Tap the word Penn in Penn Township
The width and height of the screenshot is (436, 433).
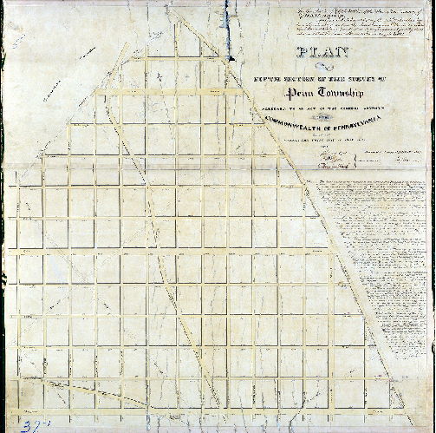[290, 92]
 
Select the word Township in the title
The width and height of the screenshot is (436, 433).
[339, 92]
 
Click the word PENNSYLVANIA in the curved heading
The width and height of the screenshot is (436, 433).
[364, 132]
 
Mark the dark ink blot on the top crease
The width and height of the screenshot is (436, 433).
[231, 57]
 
